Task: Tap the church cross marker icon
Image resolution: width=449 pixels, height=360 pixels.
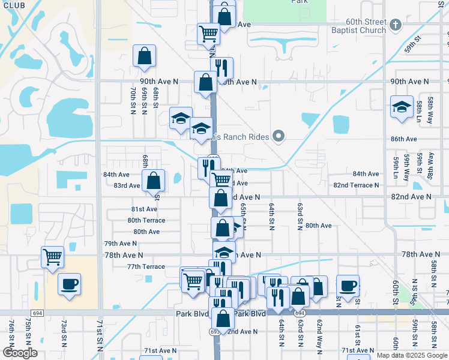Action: pos(395,25)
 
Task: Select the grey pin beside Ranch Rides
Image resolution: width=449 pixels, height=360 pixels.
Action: pos(278,137)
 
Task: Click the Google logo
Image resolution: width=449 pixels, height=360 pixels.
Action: pos(19,353)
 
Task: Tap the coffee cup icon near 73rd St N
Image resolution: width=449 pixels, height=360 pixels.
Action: pos(69,283)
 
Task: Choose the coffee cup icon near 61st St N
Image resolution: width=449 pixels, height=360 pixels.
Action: pos(348,286)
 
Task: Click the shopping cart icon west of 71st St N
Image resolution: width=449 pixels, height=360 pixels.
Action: pos(53,257)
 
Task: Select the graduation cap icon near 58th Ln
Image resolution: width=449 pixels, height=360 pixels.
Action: pos(402,107)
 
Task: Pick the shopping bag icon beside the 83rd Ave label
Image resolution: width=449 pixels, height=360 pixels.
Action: pos(154,180)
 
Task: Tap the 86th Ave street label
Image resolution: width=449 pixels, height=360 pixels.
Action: pos(403,139)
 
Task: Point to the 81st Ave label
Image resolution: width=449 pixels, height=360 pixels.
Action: pos(144,209)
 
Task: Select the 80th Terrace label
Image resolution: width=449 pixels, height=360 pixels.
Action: pos(146,220)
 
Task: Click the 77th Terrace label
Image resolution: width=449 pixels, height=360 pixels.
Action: pos(146,266)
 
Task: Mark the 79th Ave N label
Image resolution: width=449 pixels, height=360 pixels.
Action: pos(120,244)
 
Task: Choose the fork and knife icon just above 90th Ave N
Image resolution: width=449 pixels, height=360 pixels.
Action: pos(221,68)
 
